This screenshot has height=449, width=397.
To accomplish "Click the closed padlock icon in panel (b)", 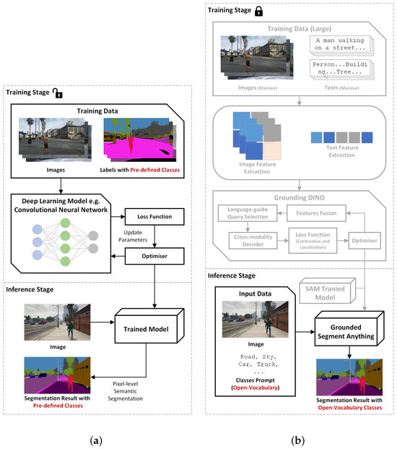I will point(278,10).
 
